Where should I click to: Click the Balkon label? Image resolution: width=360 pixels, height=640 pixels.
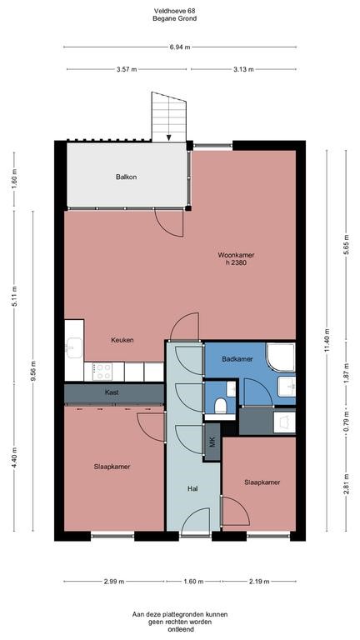pos(126,177)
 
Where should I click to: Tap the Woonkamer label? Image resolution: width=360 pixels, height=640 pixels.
pos(236,253)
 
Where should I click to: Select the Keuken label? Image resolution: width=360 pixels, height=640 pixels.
pos(122,340)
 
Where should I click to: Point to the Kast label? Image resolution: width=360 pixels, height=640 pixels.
pos(112,392)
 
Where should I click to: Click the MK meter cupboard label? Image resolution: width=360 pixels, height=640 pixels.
pos(212,442)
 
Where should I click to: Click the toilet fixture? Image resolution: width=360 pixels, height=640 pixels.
pos(219,405)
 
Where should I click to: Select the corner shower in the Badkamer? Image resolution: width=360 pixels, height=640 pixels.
pos(281,357)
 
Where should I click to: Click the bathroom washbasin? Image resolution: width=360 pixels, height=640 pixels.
pos(287,387)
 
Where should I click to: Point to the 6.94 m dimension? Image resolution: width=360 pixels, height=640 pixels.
pos(177,47)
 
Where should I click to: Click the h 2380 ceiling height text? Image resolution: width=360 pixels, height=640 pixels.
pos(236,263)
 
